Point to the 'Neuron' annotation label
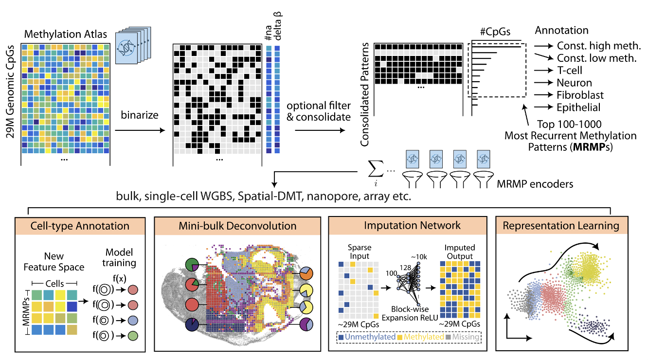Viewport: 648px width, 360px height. pyautogui.click(x=575, y=83)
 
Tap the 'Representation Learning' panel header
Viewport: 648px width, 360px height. pyautogui.click(x=561, y=226)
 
